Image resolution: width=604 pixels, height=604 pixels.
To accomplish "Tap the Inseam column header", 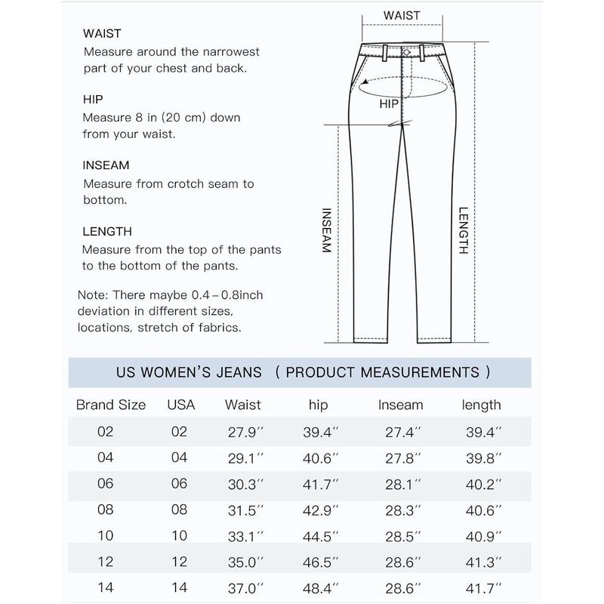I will pyautogui.click(x=400, y=405).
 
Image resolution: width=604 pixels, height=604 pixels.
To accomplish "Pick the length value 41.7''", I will pyautogui.click(x=481, y=586).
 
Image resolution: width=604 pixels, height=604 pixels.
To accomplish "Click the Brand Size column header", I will pyautogui.click(x=110, y=405).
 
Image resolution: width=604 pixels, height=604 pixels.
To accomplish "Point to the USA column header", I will pyautogui.click(x=180, y=405).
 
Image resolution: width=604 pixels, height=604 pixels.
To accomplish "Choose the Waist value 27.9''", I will pyautogui.click(x=243, y=432).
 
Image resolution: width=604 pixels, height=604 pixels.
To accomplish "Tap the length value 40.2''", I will pyautogui.click(x=481, y=483).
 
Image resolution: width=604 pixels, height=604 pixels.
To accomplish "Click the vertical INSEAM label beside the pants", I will pyautogui.click(x=327, y=231).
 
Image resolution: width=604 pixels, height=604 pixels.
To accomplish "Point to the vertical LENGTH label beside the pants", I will pyautogui.click(x=463, y=231).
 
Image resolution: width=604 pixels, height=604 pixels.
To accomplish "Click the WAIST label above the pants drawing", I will pyautogui.click(x=402, y=15).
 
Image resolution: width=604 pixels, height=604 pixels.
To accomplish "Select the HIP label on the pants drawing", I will pyautogui.click(x=389, y=104).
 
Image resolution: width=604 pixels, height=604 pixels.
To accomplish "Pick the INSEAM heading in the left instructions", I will pyautogui.click(x=106, y=165).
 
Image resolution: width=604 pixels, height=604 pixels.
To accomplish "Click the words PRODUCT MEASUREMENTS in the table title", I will pyautogui.click(x=383, y=372).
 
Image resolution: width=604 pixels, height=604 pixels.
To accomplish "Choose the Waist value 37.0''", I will pyautogui.click(x=243, y=586).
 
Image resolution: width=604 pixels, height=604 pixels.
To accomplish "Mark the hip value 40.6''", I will pyautogui.click(x=319, y=458).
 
